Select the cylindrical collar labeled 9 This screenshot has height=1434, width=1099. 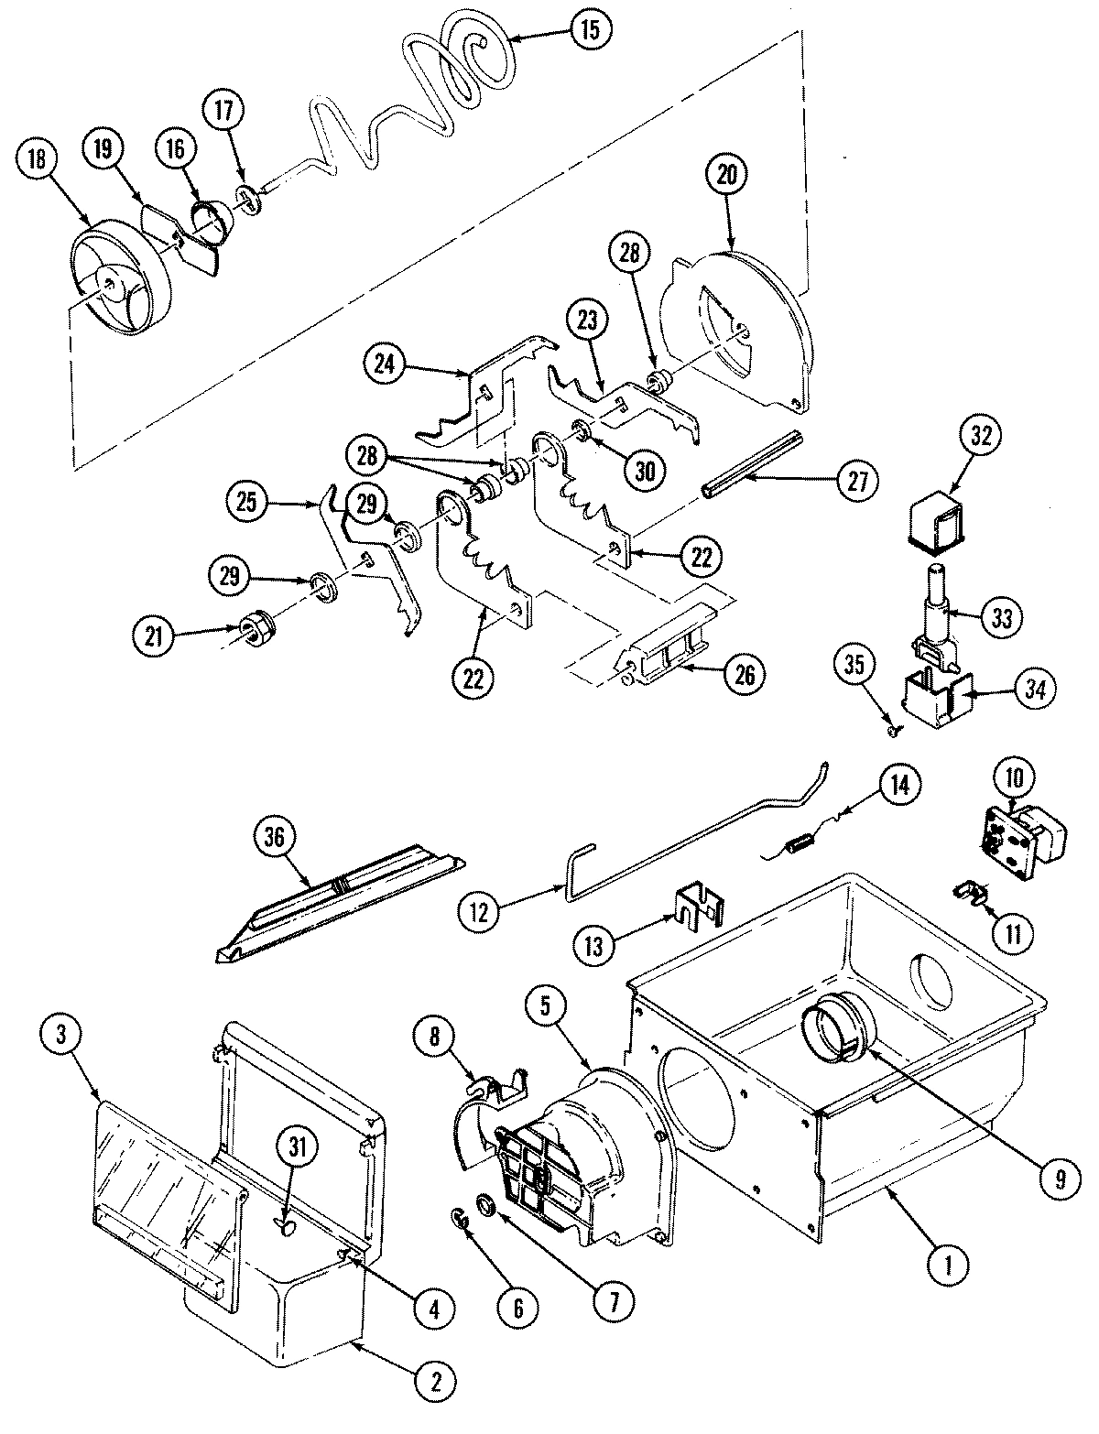click(833, 1032)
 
